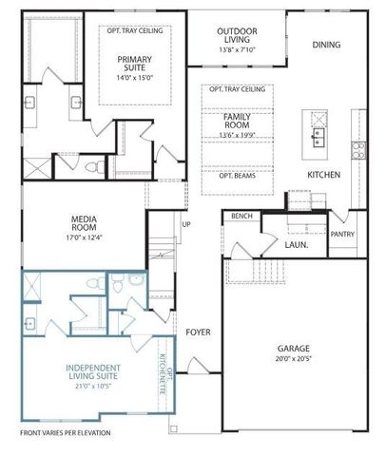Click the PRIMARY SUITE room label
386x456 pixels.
coord(133,64)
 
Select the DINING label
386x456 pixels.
coord(326,45)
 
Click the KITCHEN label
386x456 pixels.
coord(323,176)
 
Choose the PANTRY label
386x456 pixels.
coord(342,233)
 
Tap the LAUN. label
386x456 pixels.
coord(297,244)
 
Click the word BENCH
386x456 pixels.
coord(241,217)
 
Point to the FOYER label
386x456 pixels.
coord(198,332)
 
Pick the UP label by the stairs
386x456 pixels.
coord(185,225)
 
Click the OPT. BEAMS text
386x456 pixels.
coord(237,178)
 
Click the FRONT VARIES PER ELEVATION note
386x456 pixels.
coord(65,432)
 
